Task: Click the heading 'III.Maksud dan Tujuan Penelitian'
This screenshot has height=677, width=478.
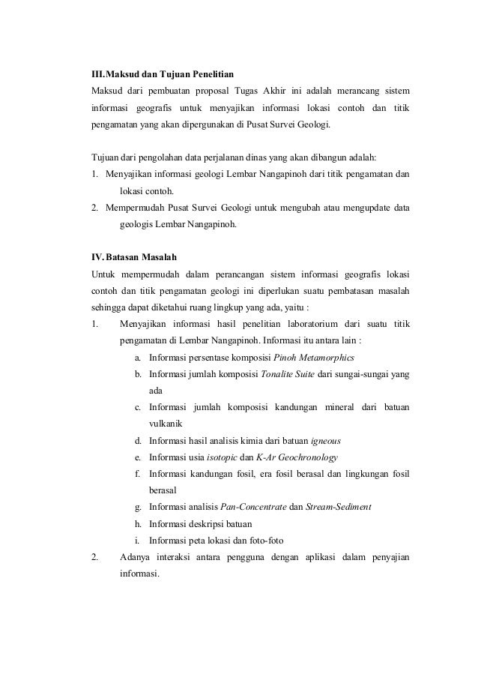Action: pos(162,75)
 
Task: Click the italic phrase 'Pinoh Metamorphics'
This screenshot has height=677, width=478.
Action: pos(314,356)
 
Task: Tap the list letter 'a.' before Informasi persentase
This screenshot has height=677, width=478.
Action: pos(139,356)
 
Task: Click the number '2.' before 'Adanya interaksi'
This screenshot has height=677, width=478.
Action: pos(95,559)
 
